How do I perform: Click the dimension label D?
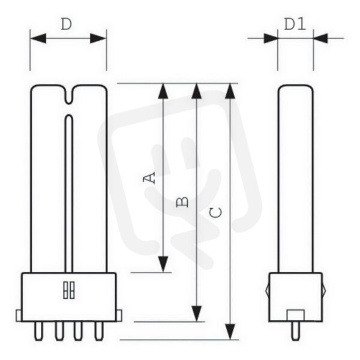[67, 25]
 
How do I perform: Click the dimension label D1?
[295, 24]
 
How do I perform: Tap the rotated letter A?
[149, 178]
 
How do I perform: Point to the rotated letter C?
[216, 212]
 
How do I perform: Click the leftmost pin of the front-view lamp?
[38, 331]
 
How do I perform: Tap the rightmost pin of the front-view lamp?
[99, 331]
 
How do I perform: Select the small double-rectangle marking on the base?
[69, 290]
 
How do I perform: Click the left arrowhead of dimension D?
[38, 38]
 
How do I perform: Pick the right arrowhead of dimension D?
[98, 38]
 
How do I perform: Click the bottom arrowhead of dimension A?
[163, 264]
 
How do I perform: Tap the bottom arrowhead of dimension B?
[197, 314]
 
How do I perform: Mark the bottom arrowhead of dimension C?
[230, 331]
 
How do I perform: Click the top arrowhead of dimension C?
[230, 91]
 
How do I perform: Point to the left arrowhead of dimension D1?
[271, 38]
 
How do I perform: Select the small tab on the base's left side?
[19, 316]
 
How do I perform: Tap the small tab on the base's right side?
[119, 316]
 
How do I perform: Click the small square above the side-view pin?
[296, 315]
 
